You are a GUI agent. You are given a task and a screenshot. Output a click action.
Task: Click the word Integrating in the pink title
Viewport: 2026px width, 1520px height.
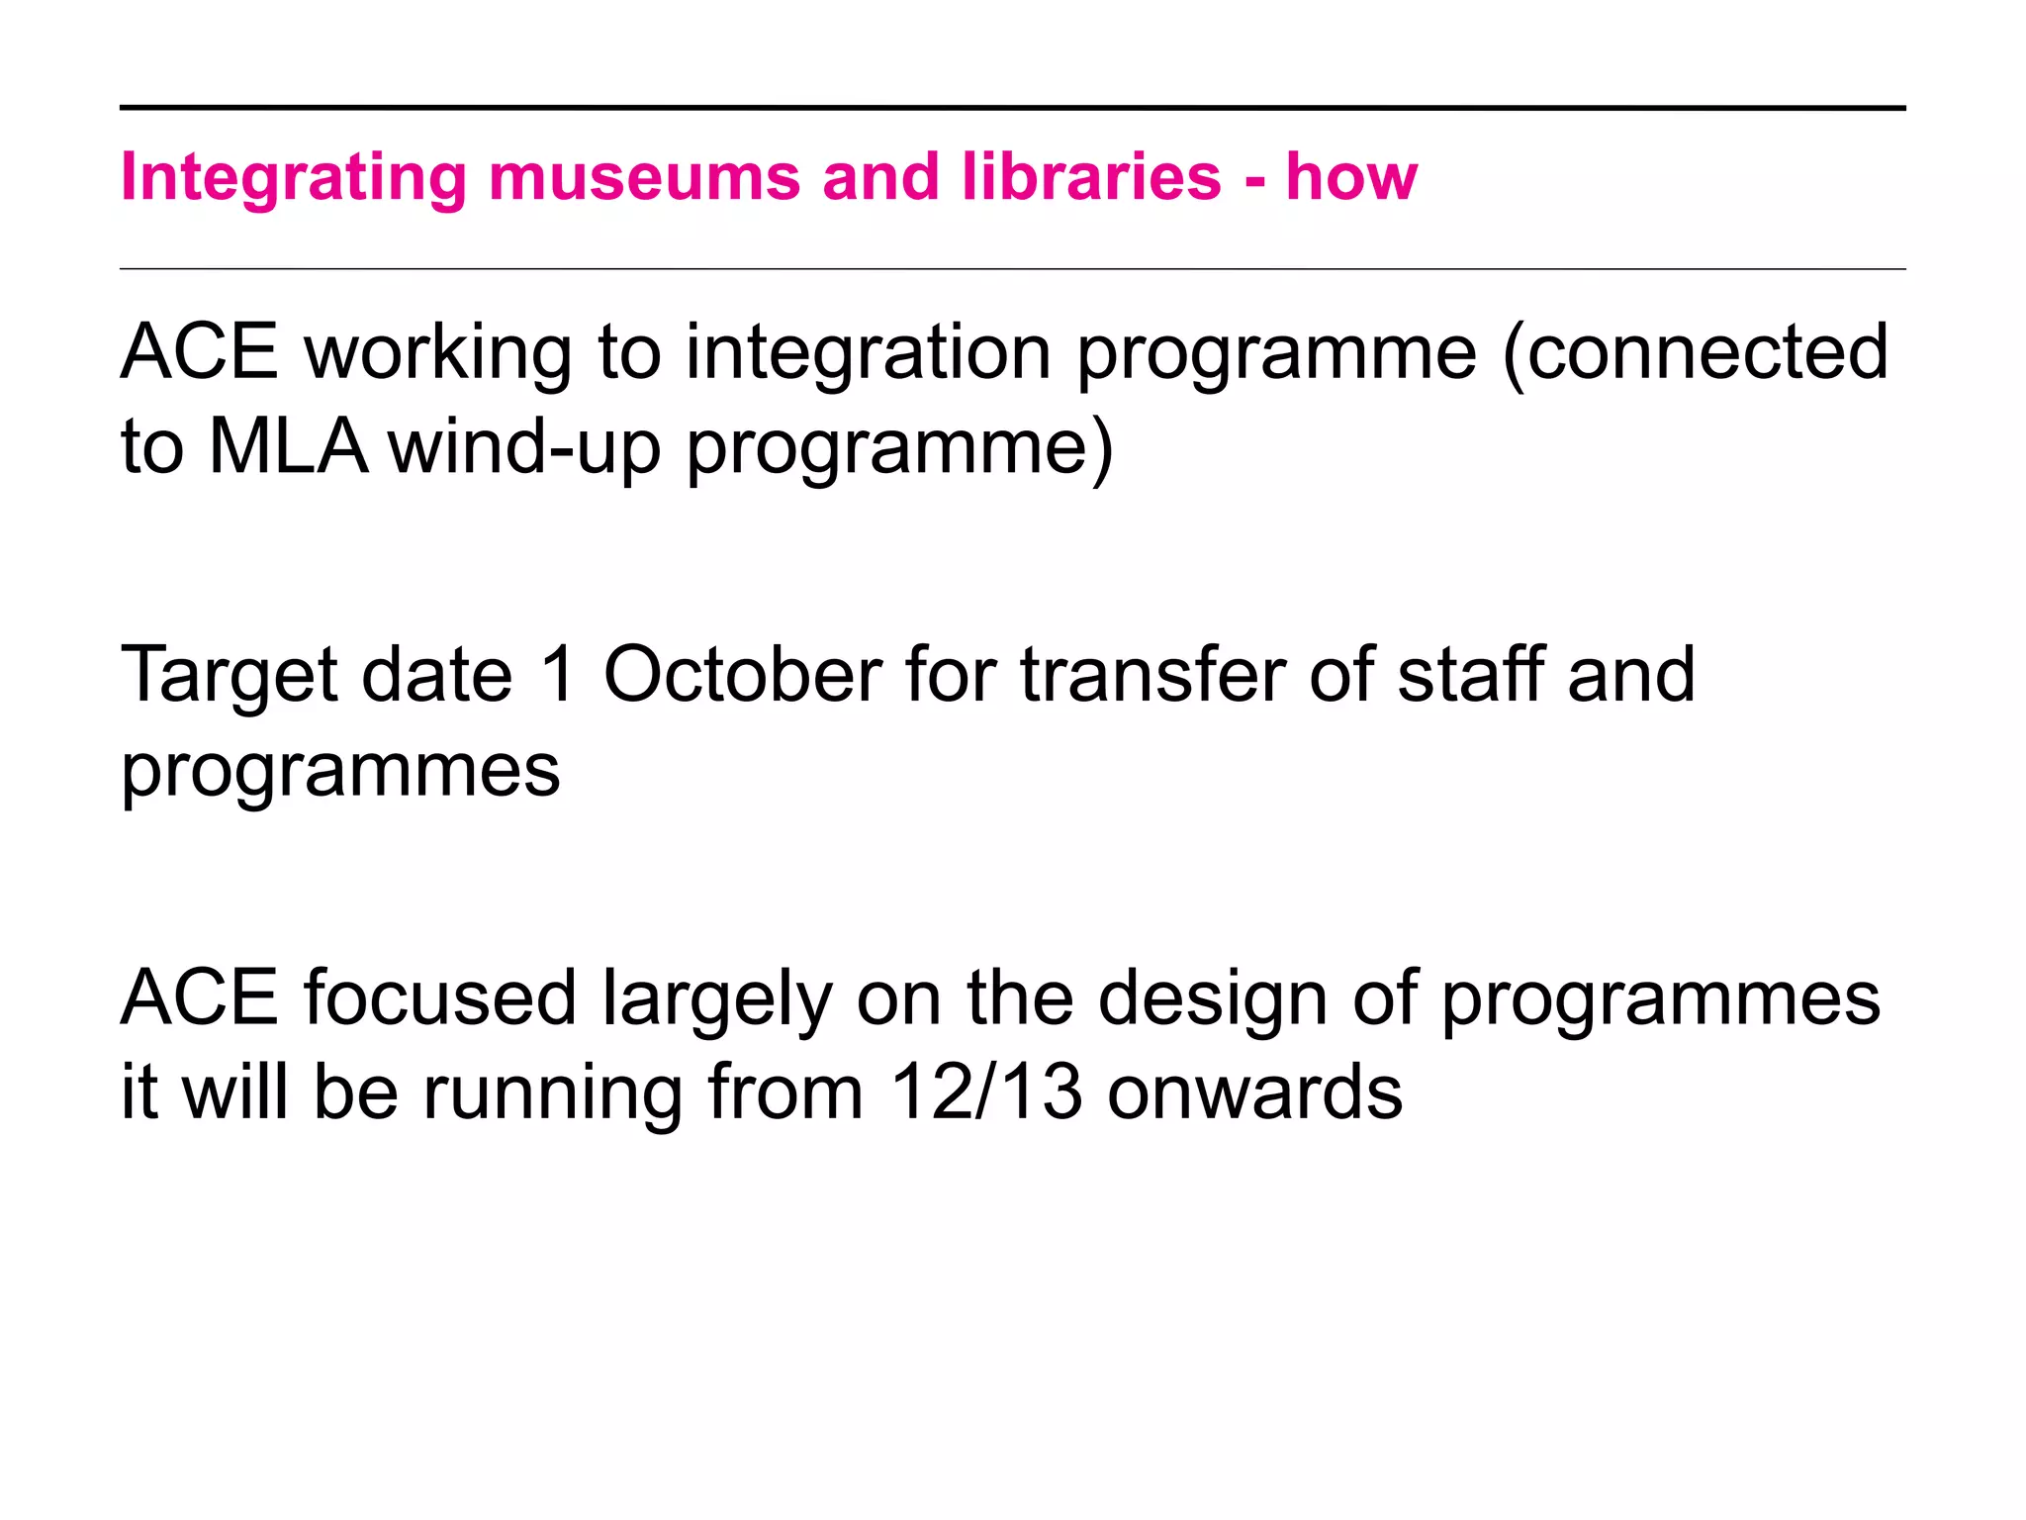click(x=293, y=178)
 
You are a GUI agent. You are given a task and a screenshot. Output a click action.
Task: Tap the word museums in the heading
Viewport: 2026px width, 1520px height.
click(x=644, y=178)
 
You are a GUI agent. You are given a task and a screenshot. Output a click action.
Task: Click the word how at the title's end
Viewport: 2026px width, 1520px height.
click(x=1351, y=178)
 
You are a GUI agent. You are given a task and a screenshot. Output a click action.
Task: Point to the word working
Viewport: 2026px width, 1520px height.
click(x=438, y=353)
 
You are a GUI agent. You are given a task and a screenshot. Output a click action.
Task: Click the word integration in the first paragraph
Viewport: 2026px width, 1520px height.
click(x=868, y=353)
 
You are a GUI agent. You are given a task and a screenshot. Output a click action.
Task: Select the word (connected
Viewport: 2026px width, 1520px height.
click(x=1695, y=353)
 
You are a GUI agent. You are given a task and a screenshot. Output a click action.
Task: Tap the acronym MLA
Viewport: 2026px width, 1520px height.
click(x=288, y=447)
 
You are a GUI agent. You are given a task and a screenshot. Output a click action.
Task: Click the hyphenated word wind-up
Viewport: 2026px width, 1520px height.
click(x=524, y=447)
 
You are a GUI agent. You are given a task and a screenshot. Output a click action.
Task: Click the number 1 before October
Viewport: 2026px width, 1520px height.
click(x=559, y=675)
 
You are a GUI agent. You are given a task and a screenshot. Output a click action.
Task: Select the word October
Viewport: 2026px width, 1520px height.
click(x=742, y=675)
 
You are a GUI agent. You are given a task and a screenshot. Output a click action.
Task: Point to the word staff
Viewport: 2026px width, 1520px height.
click(x=1470, y=675)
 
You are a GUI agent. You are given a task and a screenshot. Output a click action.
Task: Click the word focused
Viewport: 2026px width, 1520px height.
click(x=440, y=997)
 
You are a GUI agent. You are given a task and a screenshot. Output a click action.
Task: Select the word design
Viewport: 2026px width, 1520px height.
click(x=1213, y=997)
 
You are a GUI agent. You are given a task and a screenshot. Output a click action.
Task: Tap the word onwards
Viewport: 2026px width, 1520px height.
click(x=1254, y=1092)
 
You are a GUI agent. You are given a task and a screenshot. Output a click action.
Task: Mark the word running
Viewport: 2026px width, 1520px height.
click(x=552, y=1094)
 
